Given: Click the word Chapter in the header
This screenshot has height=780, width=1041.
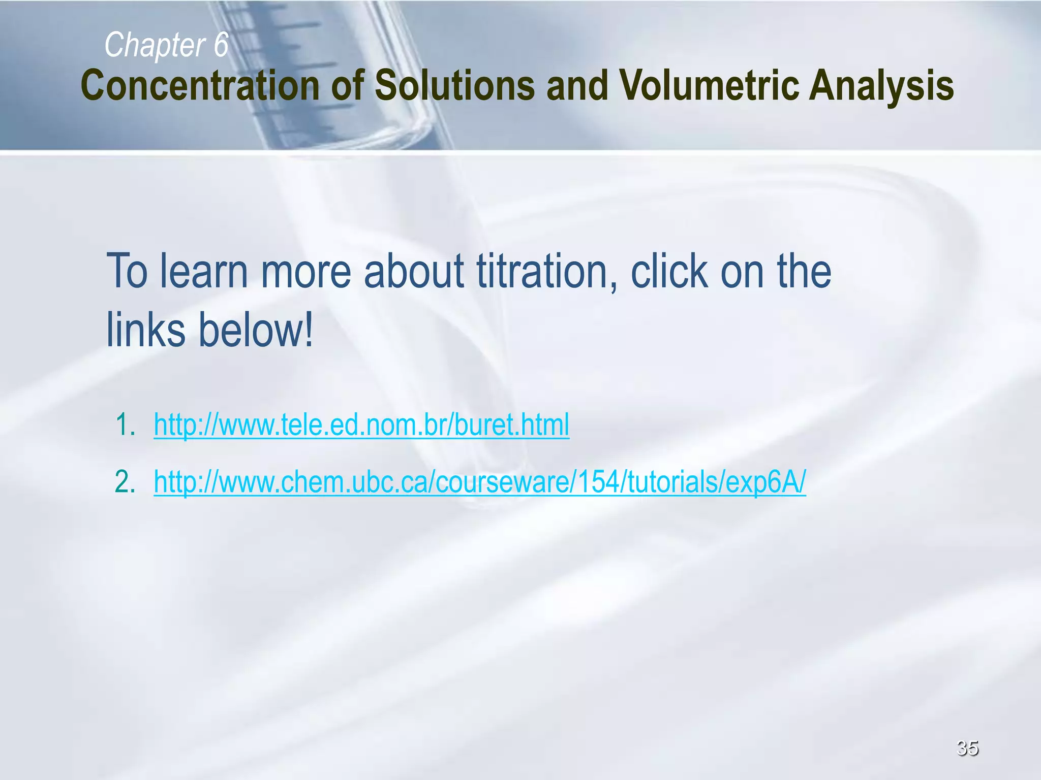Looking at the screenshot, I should tap(154, 45).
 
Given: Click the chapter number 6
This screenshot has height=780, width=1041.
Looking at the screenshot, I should tap(221, 45).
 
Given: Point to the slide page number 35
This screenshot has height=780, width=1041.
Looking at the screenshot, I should tap(967, 747).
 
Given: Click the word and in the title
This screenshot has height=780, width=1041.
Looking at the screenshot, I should tap(577, 85).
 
